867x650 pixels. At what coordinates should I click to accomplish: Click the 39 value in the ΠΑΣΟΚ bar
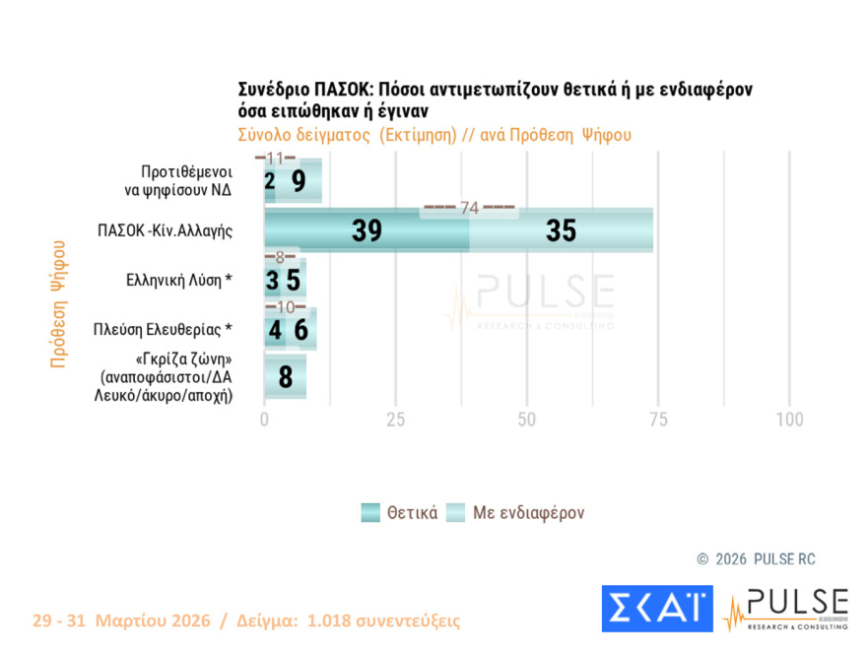367,230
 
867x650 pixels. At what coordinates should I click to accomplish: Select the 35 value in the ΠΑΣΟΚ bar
561,230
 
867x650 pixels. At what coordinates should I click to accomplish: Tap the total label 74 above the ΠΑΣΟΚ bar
469,208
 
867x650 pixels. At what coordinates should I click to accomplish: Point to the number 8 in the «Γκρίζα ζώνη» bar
285,377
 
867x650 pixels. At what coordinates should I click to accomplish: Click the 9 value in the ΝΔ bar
298,181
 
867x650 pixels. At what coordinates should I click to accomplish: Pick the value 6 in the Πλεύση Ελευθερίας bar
301,329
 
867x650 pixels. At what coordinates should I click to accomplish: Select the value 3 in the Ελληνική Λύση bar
272,281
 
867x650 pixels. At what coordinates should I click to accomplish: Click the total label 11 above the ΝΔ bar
275,159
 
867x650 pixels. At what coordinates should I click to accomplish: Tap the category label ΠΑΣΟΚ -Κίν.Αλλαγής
165,230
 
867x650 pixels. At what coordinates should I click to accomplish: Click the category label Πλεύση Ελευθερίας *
163,328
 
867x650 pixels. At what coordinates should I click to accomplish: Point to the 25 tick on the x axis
396,420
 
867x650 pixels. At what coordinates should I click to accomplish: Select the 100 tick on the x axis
789,420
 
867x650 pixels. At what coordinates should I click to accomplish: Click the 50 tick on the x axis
527,420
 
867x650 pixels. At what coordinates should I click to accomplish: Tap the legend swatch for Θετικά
370,513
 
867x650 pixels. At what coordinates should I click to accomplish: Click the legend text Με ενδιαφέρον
529,513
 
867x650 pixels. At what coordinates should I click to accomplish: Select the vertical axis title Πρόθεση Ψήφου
58,303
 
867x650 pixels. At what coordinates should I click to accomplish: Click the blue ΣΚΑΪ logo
657,609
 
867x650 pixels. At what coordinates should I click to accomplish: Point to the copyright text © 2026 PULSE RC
756,559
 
